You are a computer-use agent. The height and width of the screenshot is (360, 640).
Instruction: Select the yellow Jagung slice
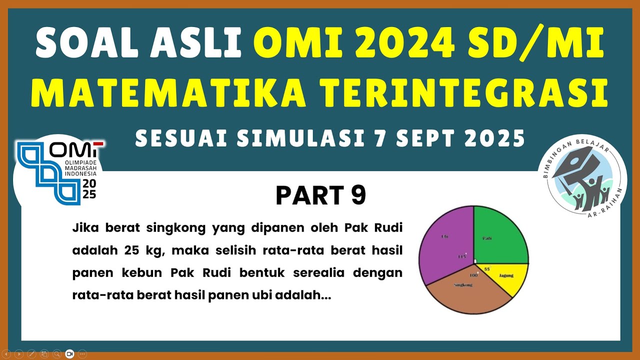point(507,277)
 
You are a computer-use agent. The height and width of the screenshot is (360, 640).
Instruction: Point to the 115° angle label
point(462,256)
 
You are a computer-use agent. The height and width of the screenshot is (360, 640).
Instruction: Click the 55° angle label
point(487,269)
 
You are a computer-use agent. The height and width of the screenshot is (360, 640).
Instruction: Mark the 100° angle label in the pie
point(473,275)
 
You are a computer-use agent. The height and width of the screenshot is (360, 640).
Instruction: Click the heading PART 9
point(320,195)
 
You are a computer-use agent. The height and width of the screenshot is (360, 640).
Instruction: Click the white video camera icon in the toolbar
point(69,353)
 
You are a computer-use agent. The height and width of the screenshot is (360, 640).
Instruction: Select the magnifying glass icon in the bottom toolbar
point(57,353)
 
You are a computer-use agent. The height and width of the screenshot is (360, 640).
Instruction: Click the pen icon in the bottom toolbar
point(31,353)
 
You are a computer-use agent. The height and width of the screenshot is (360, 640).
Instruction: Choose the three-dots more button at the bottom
point(82,353)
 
